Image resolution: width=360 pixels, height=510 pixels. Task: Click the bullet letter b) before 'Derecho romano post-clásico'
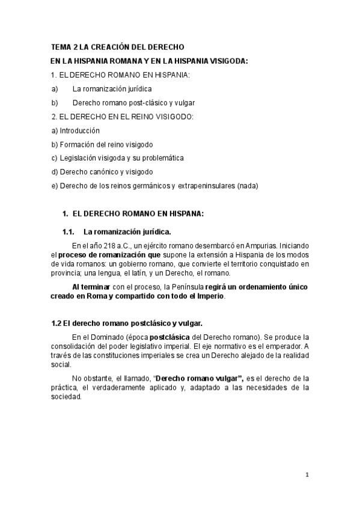[55, 102]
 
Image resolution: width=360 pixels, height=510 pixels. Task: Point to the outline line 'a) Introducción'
[76, 131]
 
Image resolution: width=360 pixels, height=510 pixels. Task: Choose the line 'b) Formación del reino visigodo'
[102, 144]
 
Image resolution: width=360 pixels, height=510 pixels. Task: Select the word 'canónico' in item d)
[99, 172]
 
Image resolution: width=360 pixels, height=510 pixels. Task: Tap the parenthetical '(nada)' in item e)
[247, 186]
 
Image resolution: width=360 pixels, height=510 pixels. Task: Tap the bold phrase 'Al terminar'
[90, 287]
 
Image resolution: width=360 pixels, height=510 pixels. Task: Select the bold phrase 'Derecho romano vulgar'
[198, 378]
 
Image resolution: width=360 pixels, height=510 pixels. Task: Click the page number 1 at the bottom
[307, 475]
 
